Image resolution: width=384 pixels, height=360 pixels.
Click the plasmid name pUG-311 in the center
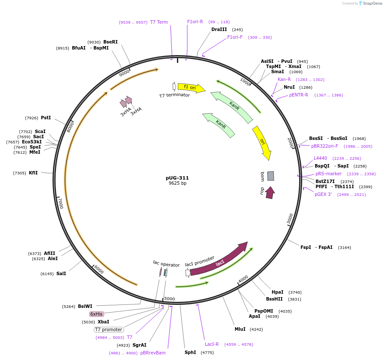[x=177, y=178]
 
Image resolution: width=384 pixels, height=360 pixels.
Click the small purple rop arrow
[x=270, y=192]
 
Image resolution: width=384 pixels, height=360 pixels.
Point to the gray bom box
[x=270, y=176]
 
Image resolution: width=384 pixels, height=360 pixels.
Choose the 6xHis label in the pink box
[x=96, y=314]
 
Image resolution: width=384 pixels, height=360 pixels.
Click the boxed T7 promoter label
[x=109, y=329]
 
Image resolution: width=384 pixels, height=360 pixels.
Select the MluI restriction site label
[x=240, y=329]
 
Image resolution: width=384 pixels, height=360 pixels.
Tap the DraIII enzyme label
[x=219, y=30]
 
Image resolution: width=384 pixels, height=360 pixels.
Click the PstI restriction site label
[x=46, y=118]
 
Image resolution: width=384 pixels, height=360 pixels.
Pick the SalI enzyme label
[x=61, y=273]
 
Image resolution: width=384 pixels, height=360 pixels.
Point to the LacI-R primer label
[x=212, y=344]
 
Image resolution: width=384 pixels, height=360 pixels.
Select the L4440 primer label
[x=320, y=158]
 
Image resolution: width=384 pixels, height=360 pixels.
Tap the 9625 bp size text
[x=177, y=183]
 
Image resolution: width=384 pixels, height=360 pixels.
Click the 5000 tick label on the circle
[x=170, y=298]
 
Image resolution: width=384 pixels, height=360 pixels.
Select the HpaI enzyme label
[x=277, y=292]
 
